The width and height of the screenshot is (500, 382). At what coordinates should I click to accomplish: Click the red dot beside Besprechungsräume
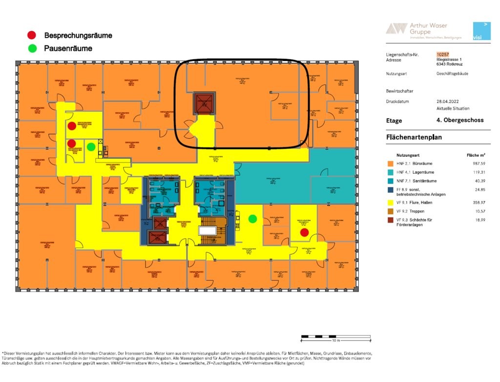[x=32, y=35]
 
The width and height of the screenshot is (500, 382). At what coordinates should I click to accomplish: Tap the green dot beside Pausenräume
[x=32, y=48]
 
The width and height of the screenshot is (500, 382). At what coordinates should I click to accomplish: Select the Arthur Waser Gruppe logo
[x=417, y=29]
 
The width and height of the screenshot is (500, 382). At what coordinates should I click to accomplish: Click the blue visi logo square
[x=481, y=31]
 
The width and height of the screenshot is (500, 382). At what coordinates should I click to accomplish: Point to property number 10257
[x=443, y=55]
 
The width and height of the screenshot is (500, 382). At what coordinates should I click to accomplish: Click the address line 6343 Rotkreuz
[x=449, y=64]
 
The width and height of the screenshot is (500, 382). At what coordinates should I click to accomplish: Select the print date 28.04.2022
[x=448, y=101]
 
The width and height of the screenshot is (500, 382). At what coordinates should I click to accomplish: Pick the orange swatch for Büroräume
[x=390, y=163]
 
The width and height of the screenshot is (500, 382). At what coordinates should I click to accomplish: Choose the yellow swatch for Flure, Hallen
[x=390, y=202]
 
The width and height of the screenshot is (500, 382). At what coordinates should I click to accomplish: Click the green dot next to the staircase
[x=252, y=219]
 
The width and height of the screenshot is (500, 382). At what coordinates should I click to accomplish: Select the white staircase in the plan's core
[x=209, y=231]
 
